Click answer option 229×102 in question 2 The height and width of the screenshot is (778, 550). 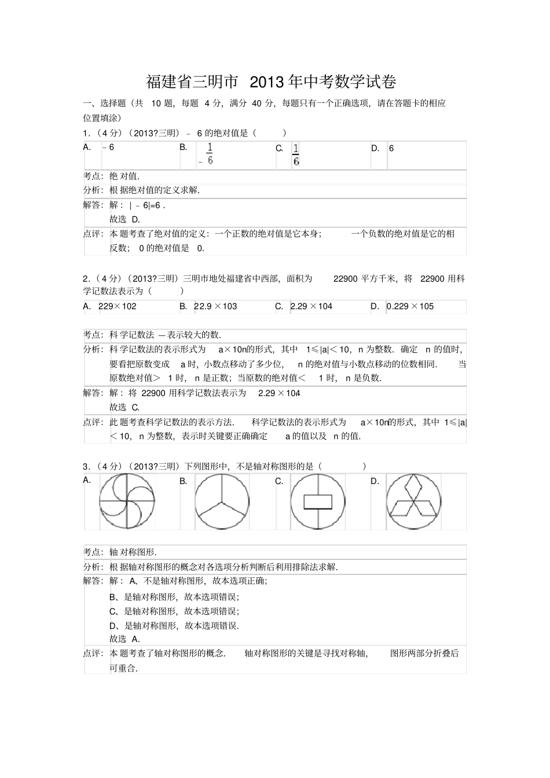(118, 307)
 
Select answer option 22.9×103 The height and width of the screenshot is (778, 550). (215, 307)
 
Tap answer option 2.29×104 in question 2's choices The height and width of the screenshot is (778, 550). (311, 307)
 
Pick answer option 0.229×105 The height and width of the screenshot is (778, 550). (410, 307)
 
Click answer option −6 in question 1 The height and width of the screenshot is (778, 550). (108, 148)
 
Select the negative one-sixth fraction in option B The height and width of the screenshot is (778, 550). (207, 154)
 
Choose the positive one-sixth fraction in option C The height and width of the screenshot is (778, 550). (296, 154)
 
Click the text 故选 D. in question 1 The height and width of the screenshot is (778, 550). (124, 219)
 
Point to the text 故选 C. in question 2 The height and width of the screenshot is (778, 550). (124, 407)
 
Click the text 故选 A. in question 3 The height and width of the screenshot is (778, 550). (124, 639)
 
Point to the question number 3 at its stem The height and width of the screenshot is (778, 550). (86, 466)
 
